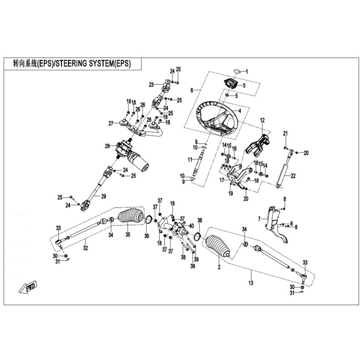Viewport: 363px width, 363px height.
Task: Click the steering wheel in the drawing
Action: point(217,119)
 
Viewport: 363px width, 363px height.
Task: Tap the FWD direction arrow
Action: point(28,287)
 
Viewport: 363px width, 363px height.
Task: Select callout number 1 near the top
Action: point(247,72)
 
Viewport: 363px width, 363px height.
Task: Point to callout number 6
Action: point(192,90)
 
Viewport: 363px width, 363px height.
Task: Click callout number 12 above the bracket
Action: point(262,120)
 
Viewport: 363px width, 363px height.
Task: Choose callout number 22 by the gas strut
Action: point(293,176)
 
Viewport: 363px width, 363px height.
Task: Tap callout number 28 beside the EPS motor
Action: point(108,146)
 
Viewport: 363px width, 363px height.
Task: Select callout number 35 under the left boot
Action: point(128,235)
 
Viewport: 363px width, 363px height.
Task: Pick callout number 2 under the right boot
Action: point(219,268)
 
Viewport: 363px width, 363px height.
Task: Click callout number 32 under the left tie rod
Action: point(85,248)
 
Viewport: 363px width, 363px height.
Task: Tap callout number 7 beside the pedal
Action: point(259,219)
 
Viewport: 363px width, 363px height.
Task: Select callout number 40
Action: point(191,226)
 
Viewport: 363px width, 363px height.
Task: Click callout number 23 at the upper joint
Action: point(151,84)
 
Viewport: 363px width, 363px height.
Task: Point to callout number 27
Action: point(110,123)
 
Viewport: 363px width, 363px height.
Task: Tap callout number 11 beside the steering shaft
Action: point(191,159)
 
